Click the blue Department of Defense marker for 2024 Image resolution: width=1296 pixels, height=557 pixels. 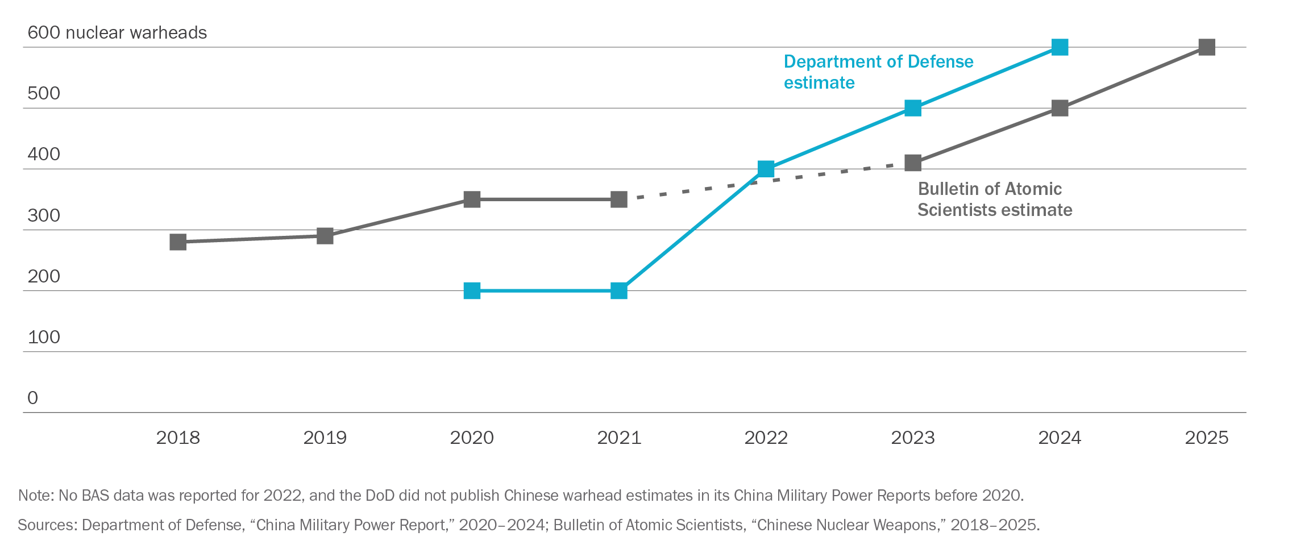[1060, 47]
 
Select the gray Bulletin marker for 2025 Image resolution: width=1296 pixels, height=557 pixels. [1206, 47]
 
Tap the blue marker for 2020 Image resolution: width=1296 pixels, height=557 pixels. [472, 290]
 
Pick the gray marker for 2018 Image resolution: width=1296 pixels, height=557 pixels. [178, 242]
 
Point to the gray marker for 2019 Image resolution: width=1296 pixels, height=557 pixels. [325, 235]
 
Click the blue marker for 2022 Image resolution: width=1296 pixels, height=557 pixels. [766, 169]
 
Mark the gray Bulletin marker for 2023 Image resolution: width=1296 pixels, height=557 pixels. [912, 163]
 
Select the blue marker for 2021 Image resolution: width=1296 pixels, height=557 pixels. [618, 290]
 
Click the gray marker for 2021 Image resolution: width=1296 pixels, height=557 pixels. [618, 199]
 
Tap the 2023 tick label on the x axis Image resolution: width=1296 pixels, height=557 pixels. [912, 438]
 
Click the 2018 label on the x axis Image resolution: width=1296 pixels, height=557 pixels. [178, 438]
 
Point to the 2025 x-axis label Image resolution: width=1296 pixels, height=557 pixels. [1206, 438]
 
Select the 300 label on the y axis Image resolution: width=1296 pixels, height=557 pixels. [44, 216]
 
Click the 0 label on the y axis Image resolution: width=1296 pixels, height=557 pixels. [32, 398]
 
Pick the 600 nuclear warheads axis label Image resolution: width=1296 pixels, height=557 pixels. [117, 33]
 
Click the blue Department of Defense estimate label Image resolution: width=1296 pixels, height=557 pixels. [878, 72]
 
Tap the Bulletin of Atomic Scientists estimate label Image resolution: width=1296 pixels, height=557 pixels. [995, 199]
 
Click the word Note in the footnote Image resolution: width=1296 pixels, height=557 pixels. [35, 496]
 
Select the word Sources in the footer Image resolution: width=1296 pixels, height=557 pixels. [47, 525]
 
